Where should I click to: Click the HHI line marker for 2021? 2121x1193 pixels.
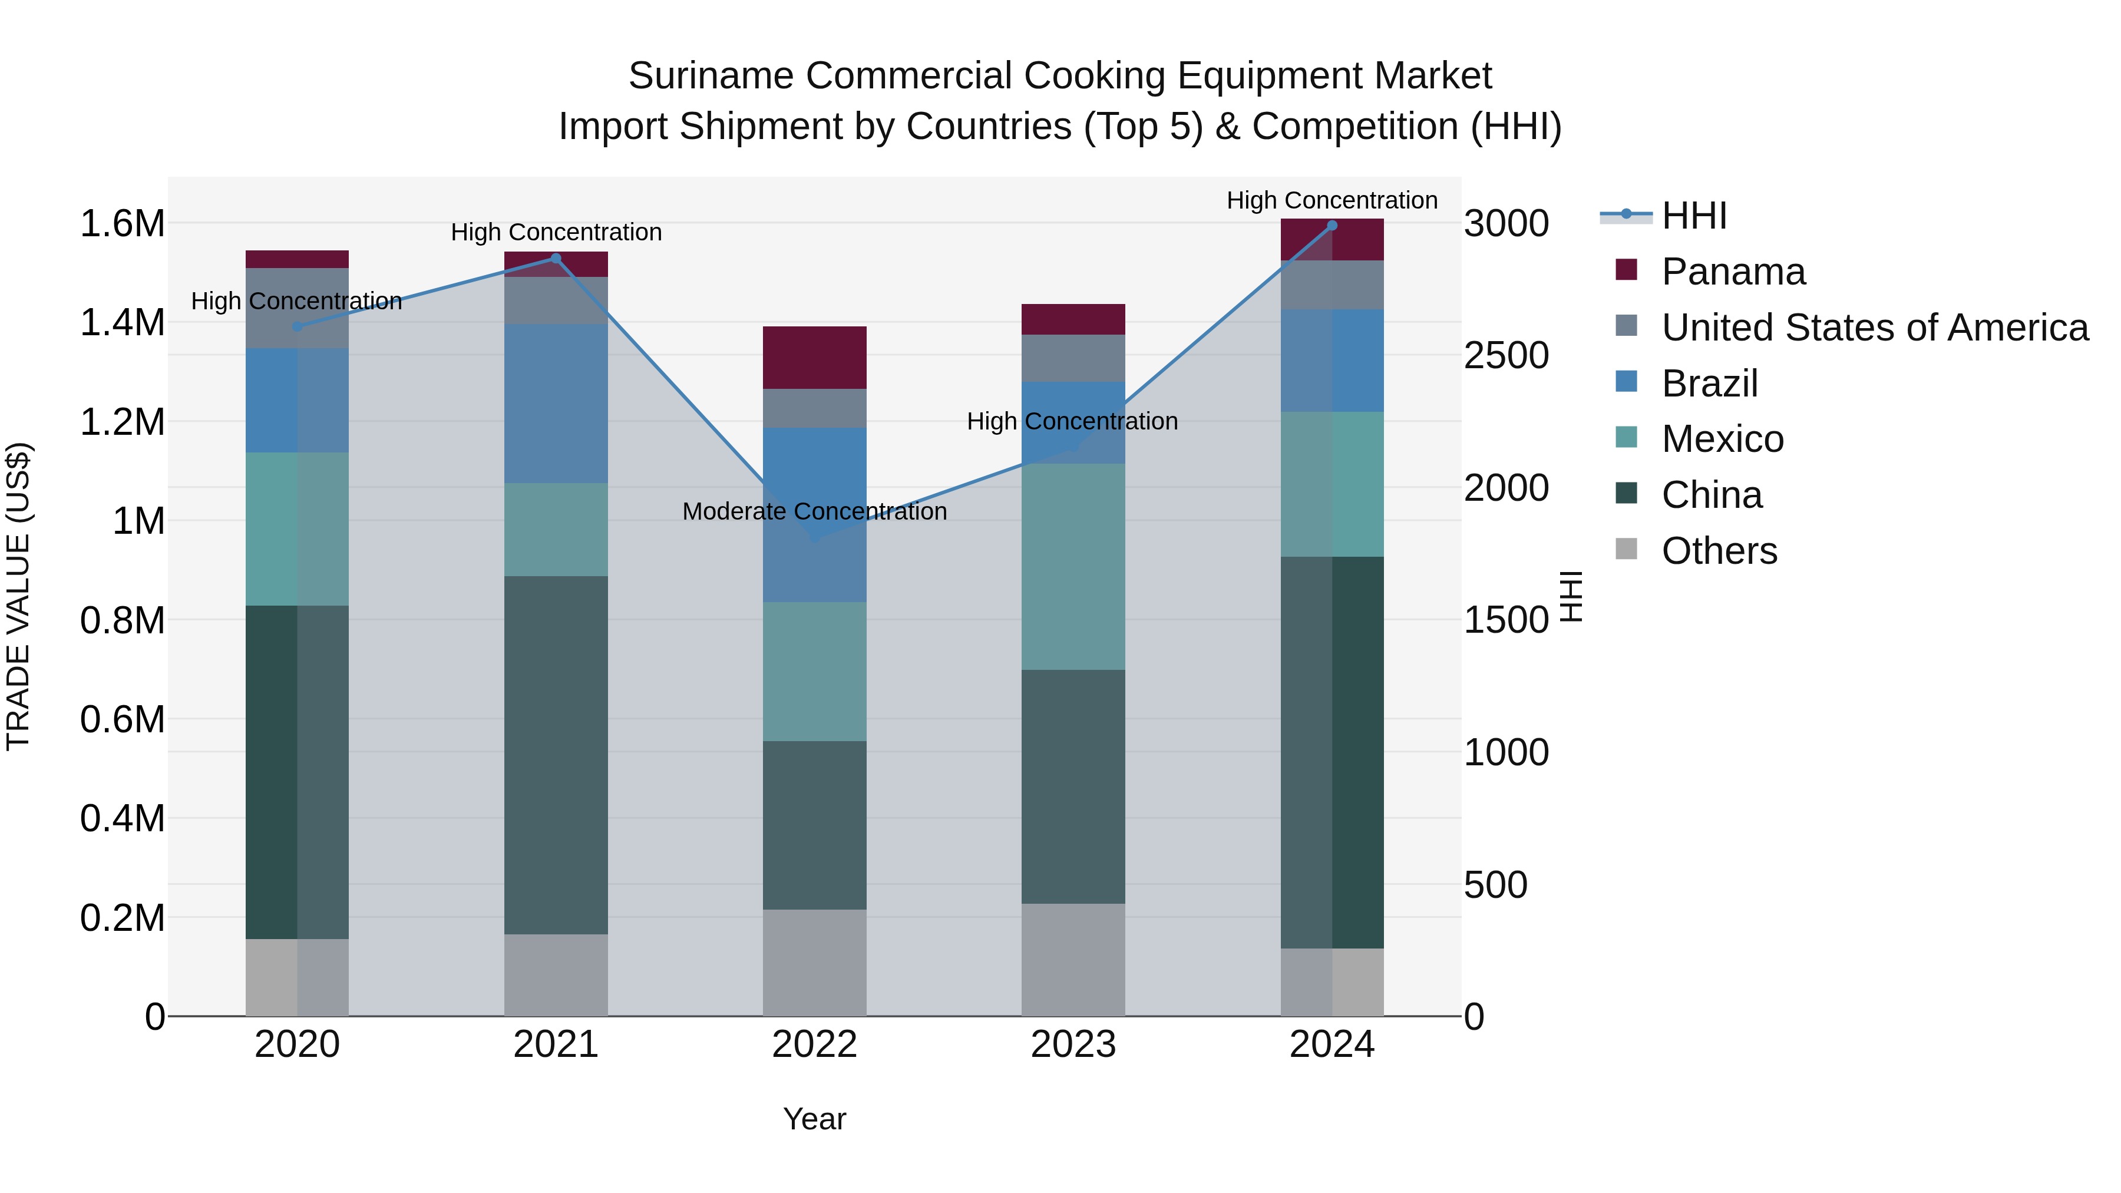pyautogui.click(x=556, y=259)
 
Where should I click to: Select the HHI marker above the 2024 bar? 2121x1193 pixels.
pyautogui.click(x=1332, y=226)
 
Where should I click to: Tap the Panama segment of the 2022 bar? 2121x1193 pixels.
pyautogui.click(x=814, y=358)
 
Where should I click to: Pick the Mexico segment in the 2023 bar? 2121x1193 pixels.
pyautogui.click(x=1073, y=566)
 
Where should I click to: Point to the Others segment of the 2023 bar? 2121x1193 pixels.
pyautogui.click(x=1073, y=959)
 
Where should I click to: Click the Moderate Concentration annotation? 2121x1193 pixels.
pyautogui.click(x=814, y=511)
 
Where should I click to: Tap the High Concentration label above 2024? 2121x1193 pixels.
pyautogui.click(x=1332, y=200)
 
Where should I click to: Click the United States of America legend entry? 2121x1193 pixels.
pyautogui.click(x=1874, y=328)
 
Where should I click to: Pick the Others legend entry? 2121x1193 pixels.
pyautogui.click(x=1719, y=551)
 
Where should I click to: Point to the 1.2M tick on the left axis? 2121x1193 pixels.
pyautogui.click(x=123, y=422)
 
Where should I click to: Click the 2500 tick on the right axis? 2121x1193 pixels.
pyautogui.click(x=1506, y=356)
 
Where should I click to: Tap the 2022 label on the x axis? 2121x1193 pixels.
pyautogui.click(x=814, y=1045)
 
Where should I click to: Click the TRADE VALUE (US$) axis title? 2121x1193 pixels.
pyautogui.click(x=18, y=596)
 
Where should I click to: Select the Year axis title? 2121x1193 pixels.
pyautogui.click(x=814, y=1119)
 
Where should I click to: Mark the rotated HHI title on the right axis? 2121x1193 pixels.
pyautogui.click(x=1571, y=596)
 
